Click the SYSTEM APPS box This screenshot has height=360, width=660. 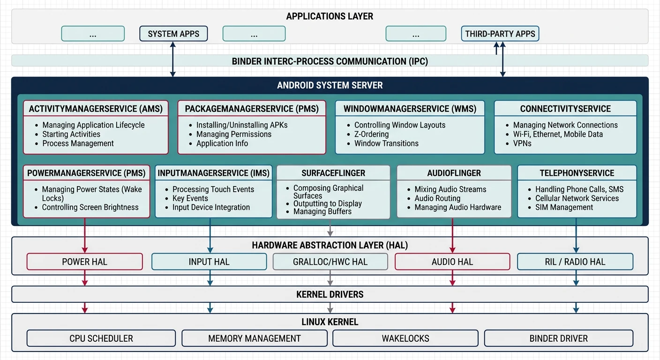click(x=173, y=34)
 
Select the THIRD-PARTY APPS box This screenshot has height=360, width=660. click(x=500, y=34)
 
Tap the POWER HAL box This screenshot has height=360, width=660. click(x=84, y=262)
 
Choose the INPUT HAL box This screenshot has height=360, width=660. click(x=209, y=262)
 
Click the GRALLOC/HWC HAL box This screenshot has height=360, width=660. click(x=330, y=262)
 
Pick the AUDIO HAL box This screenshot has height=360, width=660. click(x=452, y=262)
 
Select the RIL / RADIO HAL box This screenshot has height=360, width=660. click(x=575, y=262)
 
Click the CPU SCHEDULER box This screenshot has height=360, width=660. click(x=101, y=338)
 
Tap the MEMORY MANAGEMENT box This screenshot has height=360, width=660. click(x=255, y=338)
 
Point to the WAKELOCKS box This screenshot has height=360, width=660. click(x=405, y=338)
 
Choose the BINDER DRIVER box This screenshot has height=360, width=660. click(x=558, y=338)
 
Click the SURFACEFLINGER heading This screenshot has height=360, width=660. click(x=333, y=173)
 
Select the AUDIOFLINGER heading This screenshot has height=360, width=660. click(x=454, y=173)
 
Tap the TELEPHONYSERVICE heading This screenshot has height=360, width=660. click(x=577, y=173)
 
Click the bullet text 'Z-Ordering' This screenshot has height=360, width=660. click(x=371, y=134)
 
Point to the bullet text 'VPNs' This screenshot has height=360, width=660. click(x=522, y=143)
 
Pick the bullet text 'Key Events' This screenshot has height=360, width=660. click(x=190, y=198)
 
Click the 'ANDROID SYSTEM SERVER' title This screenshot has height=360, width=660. click(x=330, y=85)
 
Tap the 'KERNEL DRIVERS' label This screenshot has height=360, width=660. click(x=330, y=294)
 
